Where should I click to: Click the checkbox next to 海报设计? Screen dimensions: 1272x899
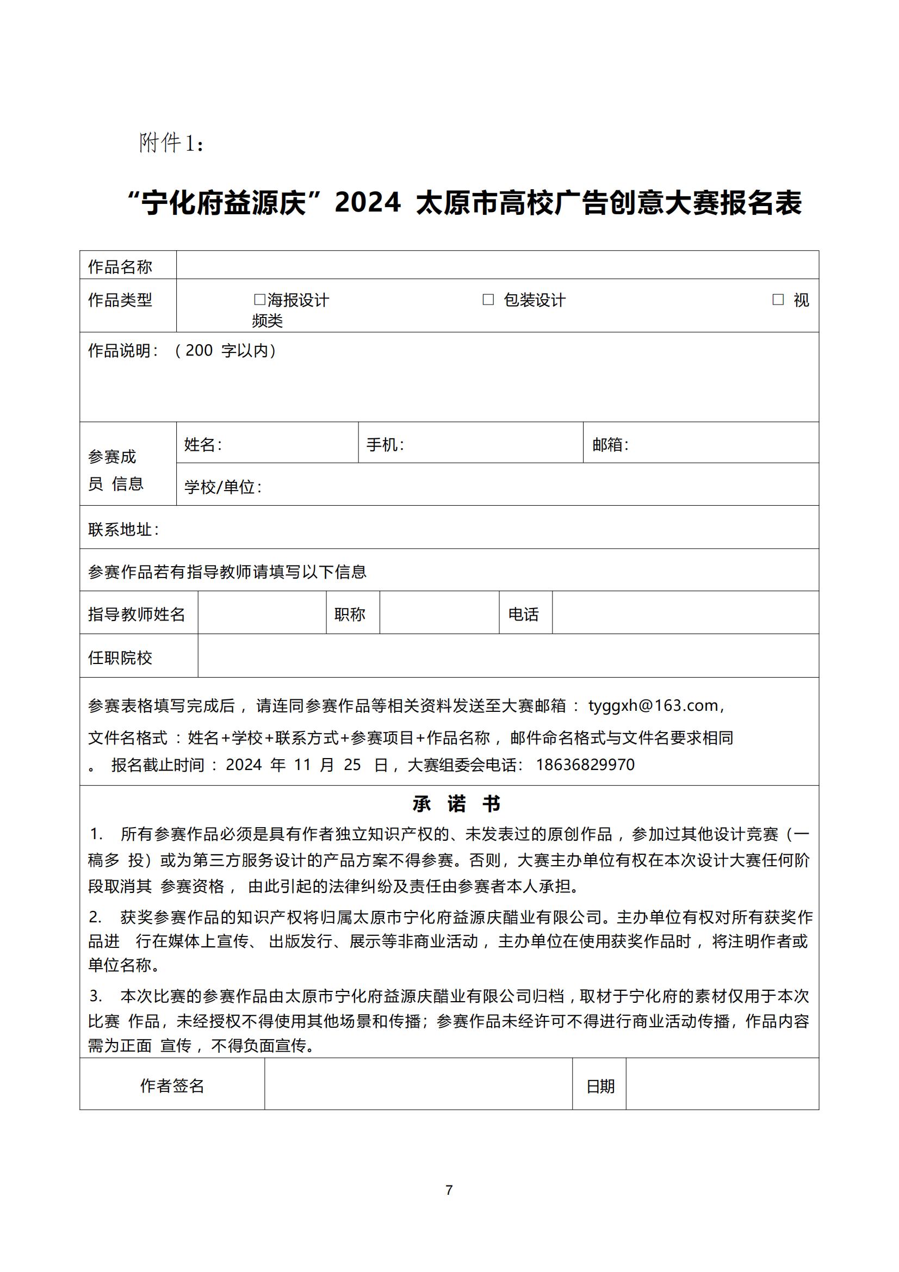click(259, 300)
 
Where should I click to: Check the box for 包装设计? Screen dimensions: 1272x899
click(488, 300)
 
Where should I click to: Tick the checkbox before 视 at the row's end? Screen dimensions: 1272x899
click(778, 300)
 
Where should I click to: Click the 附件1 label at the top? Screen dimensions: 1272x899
click(171, 144)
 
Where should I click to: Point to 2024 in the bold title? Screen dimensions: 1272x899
click(368, 202)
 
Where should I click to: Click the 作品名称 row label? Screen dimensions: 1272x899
click(120, 267)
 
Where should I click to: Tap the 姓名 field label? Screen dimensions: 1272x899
click(203, 444)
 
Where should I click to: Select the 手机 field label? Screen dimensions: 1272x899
click(385, 444)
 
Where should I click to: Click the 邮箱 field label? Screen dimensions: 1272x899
click(610, 444)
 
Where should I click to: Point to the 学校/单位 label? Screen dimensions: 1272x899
click(222, 487)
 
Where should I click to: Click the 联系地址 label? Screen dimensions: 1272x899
click(123, 530)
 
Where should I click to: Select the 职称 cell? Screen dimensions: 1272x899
click(350, 615)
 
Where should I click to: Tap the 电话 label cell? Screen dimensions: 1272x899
click(523, 615)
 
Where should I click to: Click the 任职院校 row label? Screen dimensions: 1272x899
click(120, 657)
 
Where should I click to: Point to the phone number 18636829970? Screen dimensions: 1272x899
click(585, 765)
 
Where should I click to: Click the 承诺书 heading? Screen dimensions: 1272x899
click(456, 803)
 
